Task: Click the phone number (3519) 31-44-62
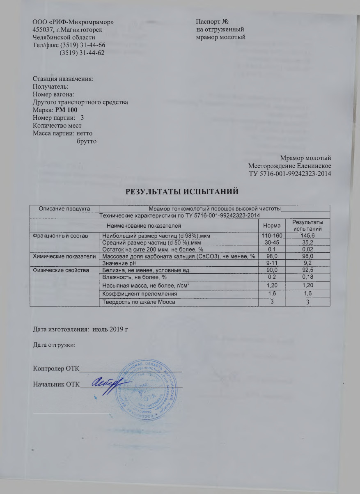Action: click(82, 53)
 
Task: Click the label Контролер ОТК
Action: click(55, 369)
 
